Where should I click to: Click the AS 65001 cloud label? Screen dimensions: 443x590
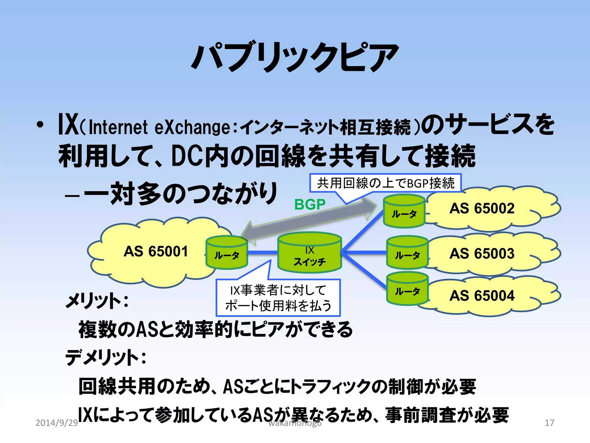pos(156,251)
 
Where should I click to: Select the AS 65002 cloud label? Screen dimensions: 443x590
pos(482,209)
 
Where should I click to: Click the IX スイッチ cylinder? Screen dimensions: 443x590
pos(309,253)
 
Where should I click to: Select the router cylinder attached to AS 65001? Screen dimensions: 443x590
pos(227,253)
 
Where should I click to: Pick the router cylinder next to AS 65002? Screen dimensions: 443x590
pos(404,211)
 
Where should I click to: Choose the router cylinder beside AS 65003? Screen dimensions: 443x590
pos(407,253)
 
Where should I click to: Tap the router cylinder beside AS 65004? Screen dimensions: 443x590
pos(407,289)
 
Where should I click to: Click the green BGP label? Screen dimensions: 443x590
pos(310,205)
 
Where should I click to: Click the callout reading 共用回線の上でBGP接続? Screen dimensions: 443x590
pos(385,183)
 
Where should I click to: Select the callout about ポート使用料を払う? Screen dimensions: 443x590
pos(278,298)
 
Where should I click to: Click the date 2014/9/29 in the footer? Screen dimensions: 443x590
pos(56,423)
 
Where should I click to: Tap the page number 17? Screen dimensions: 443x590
pos(549,423)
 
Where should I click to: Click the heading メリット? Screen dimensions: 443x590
pos(97,301)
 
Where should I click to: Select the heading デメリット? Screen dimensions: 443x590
pos(105,357)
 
